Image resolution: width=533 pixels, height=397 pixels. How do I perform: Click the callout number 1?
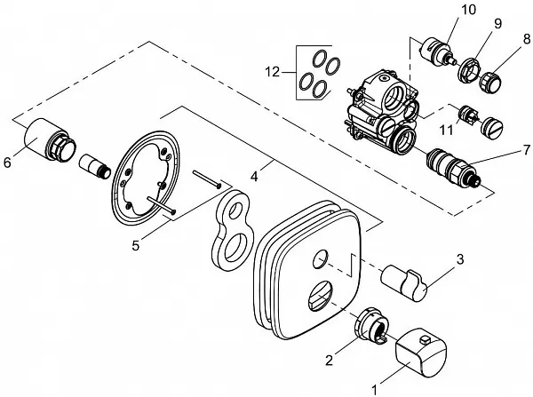374,388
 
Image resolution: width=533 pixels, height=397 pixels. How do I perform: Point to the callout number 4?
255,176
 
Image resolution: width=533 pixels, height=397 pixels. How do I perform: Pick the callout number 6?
9,162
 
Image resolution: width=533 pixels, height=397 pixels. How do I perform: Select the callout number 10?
468,10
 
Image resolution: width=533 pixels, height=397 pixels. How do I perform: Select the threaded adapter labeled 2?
372,328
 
